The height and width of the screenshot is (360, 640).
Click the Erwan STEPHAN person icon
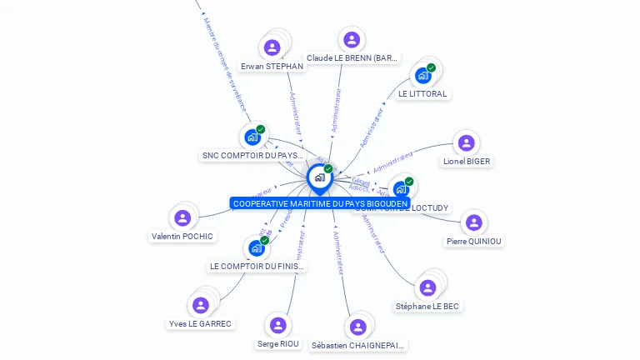tap(272, 47)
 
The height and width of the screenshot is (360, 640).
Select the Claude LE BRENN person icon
tap(352, 39)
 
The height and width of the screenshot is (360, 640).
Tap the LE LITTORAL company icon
tap(423, 76)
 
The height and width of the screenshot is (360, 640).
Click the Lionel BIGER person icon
tap(467, 142)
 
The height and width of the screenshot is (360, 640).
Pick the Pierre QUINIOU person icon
tap(474, 222)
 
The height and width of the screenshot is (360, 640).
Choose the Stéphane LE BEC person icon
tap(427, 287)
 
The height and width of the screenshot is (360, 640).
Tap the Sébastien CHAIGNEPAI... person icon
tap(358, 327)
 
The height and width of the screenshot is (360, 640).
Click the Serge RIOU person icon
tap(278, 325)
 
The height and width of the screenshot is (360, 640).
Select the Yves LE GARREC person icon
tap(200, 305)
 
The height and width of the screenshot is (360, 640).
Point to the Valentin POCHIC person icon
tap(182, 218)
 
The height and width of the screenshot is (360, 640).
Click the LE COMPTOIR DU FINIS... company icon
tap(256, 247)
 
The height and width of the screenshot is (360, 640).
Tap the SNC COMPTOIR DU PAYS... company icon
tap(252, 137)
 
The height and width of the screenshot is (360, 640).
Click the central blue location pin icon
tap(319, 178)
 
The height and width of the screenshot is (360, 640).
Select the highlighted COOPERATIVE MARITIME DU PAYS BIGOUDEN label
tap(320, 203)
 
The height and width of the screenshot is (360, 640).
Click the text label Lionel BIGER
tap(467, 162)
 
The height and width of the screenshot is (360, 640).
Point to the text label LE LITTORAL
tap(422, 94)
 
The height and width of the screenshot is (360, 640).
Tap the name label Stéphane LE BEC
tap(427, 307)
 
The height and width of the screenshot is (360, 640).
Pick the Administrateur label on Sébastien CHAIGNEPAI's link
tap(337, 252)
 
